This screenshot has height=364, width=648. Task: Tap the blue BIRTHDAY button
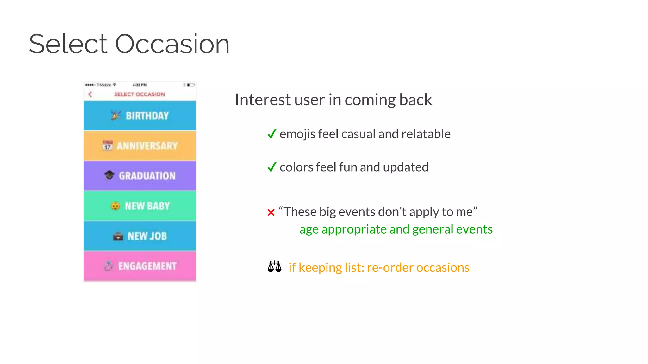tap(140, 116)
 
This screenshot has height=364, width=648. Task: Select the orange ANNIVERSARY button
tap(140, 146)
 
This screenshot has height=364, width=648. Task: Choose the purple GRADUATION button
tap(140, 176)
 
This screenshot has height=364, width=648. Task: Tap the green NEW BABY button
tap(140, 206)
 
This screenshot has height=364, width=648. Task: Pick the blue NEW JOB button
tap(140, 236)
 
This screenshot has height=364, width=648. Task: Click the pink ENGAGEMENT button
tap(140, 266)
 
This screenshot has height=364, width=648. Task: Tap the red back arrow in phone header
tap(90, 94)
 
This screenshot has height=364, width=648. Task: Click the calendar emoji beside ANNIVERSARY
tap(107, 146)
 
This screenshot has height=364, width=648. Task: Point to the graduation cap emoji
tap(109, 175)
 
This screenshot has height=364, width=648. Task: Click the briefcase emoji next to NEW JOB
tap(118, 236)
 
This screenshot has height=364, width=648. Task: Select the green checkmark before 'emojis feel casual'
tap(272, 134)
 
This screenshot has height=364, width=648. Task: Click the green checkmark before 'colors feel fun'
tap(272, 167)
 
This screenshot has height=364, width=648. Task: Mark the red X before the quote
tap(271, 213)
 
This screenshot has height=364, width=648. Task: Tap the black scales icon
tap(274, 267)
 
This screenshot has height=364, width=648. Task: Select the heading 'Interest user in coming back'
tap(333, 100)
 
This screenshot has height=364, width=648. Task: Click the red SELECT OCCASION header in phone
tap(140, 94)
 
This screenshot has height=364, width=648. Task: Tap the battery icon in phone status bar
tap(190, 85)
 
